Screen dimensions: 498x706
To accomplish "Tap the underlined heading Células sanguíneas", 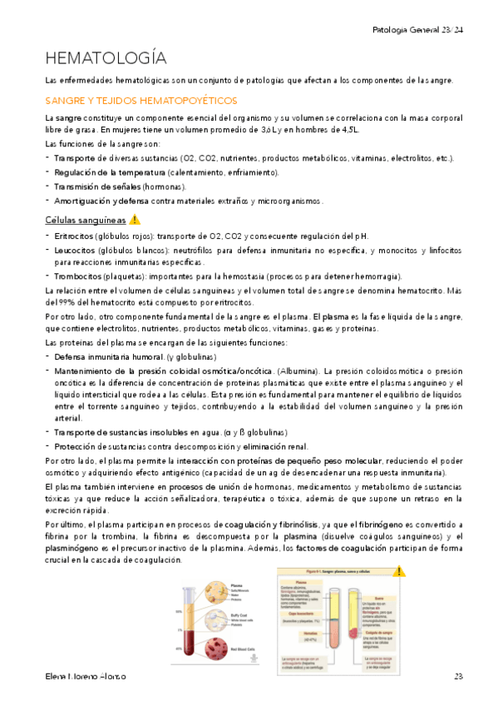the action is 85,221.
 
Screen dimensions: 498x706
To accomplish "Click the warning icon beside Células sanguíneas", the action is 135,221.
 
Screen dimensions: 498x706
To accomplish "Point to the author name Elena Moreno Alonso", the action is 86,675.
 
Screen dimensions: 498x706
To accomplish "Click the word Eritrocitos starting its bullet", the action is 76,236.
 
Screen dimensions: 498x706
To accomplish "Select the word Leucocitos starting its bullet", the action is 76,250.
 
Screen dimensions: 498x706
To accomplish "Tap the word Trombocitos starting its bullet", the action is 79,276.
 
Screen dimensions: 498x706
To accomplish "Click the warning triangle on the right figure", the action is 400,572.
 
